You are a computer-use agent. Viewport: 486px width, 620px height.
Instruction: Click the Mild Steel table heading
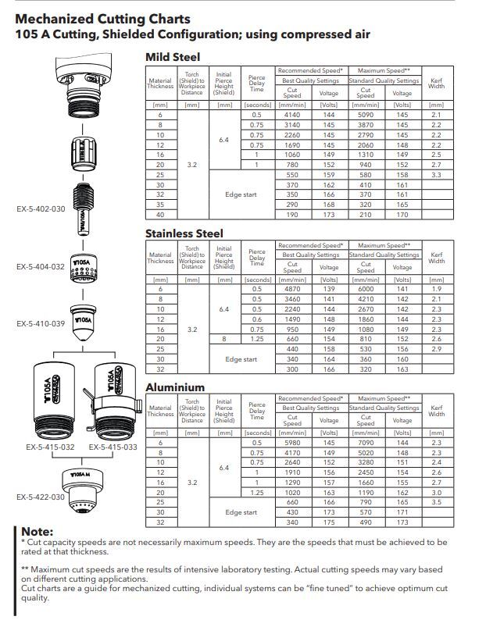pos(173,57)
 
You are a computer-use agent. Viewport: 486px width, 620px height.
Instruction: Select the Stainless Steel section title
pos(184,233)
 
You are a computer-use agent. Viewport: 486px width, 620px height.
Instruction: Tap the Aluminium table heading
pos(175,387)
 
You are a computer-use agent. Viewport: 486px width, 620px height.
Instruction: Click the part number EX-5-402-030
pos(41,208)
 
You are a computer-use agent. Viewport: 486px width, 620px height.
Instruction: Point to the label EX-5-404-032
pos(41,266)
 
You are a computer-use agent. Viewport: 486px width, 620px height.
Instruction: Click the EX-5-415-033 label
pos(113,447)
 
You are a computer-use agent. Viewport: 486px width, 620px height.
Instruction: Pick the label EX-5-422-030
pos(41,497)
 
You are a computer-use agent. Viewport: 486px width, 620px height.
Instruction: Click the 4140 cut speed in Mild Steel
pos(291,114)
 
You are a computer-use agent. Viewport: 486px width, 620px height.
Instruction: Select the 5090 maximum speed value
pos(365,114)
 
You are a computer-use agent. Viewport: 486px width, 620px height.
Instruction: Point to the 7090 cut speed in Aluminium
pos(365,443)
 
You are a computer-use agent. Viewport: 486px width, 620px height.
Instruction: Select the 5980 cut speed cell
pos(291,443)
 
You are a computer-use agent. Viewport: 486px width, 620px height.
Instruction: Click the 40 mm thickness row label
pos(160,214)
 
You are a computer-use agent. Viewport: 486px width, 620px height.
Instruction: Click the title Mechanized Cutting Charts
pos(102,19)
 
